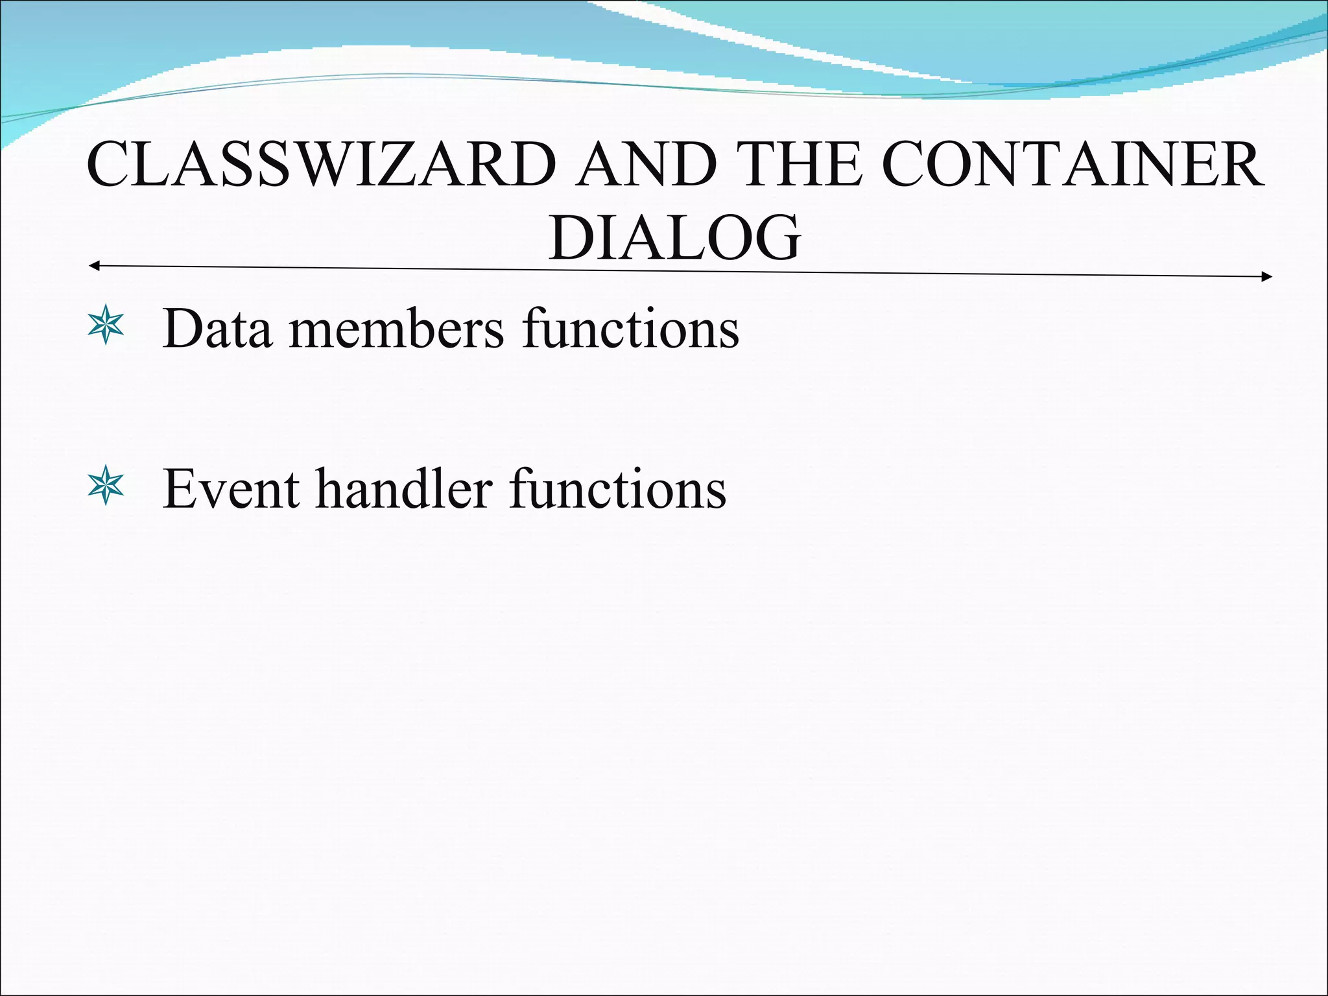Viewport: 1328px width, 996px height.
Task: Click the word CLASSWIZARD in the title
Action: click(x=321, y=165)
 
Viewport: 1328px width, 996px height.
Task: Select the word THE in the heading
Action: click(x=801, y=165)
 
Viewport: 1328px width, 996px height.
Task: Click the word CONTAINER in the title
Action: click(x=1073, y=165)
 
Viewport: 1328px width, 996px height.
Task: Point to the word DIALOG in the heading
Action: click(x=674, y=239)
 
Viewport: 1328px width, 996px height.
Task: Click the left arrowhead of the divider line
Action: click(x=93, y=266)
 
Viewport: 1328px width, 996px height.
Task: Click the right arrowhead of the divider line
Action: click(x=1267, y=277)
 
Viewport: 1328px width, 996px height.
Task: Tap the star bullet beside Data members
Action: click(x=106, y=327)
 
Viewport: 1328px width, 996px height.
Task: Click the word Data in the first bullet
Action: click(x=217, y=329)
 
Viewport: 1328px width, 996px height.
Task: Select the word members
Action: click(x=396, y=329)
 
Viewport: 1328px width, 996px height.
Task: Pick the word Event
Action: click(x=231, y=489)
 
